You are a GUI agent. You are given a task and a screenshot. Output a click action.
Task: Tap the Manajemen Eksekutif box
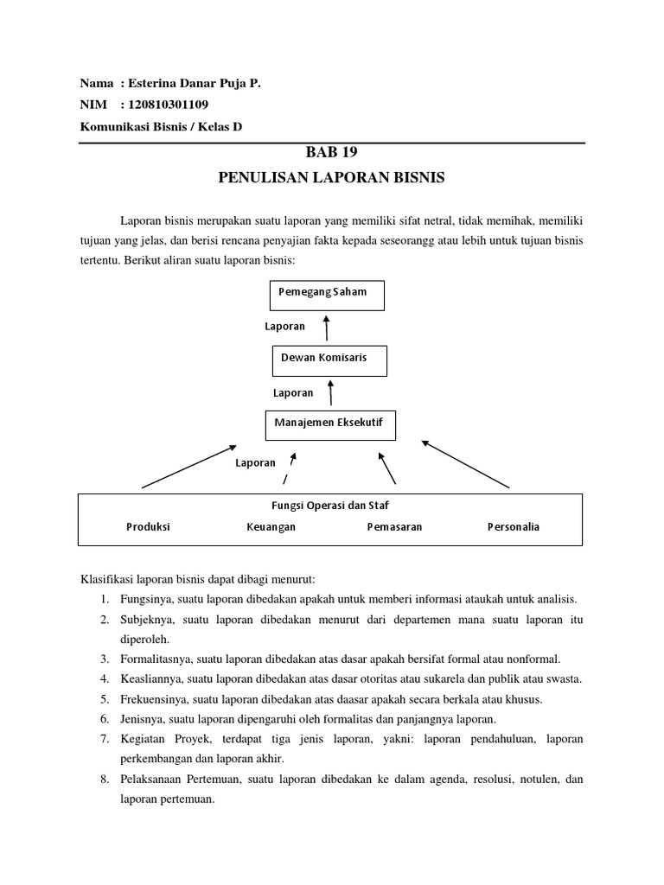coord(329,423)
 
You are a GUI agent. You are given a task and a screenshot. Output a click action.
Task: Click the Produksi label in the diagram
coord(148,526)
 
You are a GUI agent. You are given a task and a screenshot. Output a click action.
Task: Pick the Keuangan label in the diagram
coord(271,526)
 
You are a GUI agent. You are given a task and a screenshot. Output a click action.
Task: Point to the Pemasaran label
coord(394,526)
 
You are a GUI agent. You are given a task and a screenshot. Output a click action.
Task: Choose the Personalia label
coord(513,526)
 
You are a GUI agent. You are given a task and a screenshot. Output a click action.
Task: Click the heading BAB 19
coord(332,153)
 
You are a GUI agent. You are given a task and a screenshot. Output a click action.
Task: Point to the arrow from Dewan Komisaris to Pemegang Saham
coord(326,328)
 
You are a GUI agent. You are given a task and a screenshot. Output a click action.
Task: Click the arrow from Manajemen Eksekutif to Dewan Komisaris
coord(329,393)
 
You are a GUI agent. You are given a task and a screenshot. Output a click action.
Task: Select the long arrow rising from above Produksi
coord(188,467)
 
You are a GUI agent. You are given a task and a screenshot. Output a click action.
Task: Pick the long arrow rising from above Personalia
coord(465,465)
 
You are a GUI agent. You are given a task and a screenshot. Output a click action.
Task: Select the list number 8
coord(103,779)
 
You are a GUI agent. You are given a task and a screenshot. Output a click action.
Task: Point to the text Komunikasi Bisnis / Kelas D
coord(161,126)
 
